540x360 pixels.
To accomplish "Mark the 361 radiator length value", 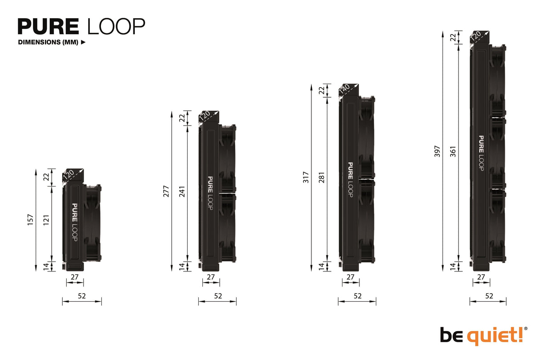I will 453,151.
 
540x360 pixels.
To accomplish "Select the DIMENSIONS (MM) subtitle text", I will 48,43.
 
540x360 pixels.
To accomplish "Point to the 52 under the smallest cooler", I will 81,295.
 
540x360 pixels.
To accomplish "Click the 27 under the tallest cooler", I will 481,276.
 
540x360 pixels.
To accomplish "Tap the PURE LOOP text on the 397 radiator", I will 481,153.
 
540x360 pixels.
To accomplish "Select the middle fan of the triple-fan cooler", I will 498,153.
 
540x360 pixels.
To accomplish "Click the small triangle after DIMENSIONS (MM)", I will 83,43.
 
